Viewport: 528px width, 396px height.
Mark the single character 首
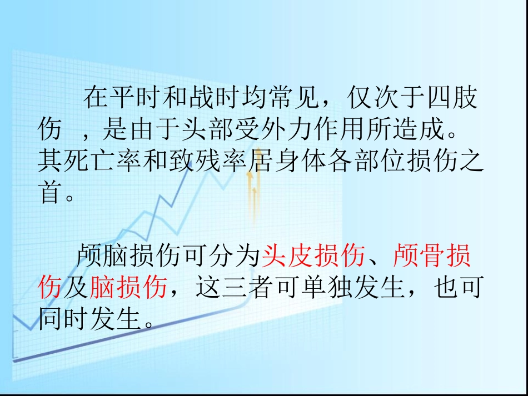(x=48, y=193)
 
